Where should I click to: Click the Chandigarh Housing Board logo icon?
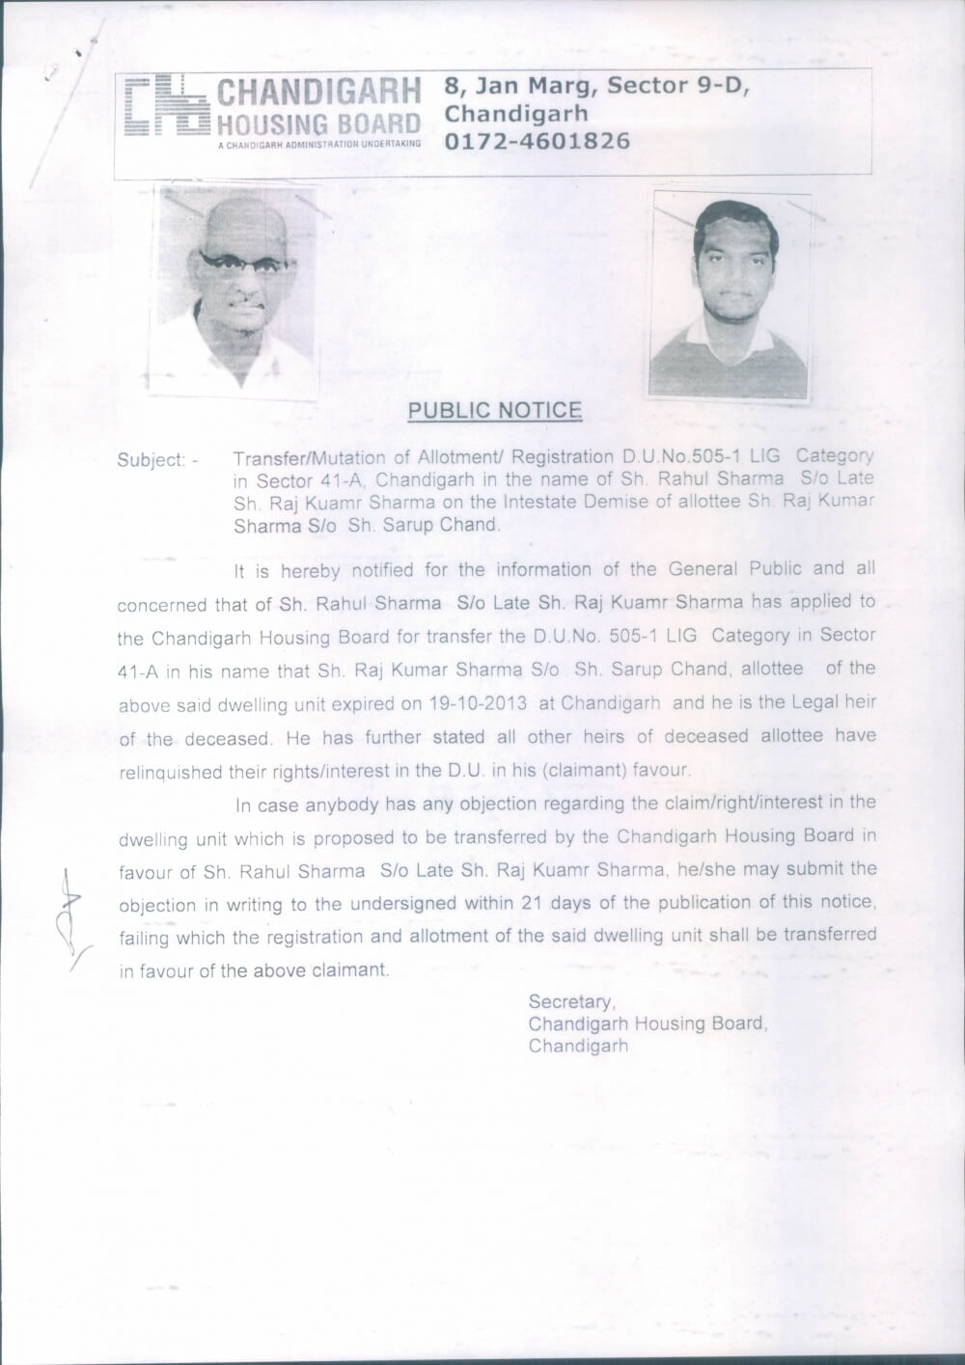165,107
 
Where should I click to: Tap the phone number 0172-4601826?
537,142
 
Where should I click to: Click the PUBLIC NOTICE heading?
494,410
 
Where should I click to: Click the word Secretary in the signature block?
571,1001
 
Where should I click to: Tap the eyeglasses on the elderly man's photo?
241,262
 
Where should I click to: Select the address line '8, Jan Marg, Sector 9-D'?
596,86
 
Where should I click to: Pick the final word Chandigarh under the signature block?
577,1046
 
